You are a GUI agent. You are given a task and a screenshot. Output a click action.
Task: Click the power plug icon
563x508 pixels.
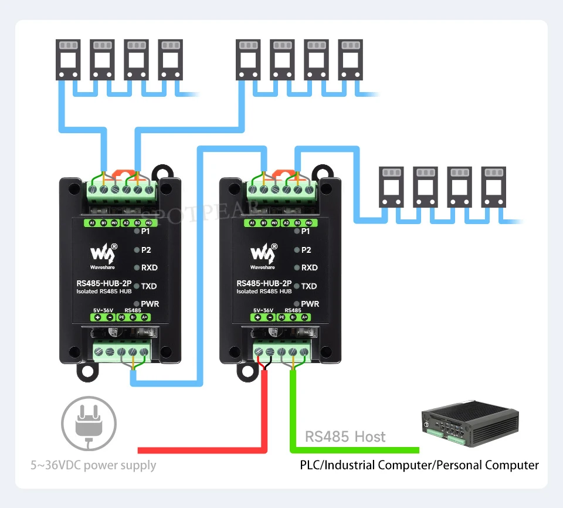[89, 422]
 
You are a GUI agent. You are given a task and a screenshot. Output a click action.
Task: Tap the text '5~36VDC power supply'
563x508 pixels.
[94, 465]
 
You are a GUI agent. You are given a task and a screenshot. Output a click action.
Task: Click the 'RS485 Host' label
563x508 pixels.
[345, 436]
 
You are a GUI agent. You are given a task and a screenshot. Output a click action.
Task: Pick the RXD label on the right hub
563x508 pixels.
[310, 267]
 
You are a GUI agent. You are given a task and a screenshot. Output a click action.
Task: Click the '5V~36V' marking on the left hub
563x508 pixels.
[103, 310]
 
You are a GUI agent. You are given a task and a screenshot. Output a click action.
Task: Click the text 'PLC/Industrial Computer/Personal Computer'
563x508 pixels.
[419, 465]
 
